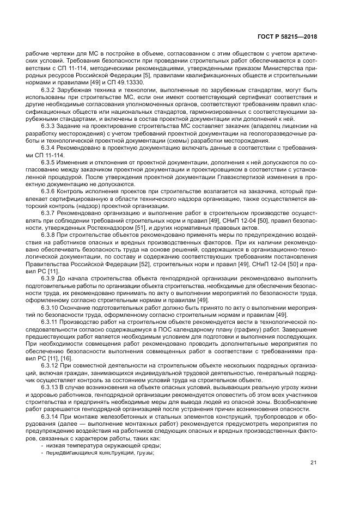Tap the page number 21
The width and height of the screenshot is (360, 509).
pyautogui.click(x=313, y=463)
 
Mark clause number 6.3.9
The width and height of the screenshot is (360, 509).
pyautogui.click(x=50, y=278)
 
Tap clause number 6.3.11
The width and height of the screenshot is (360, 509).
pyautogui.click(x=51, y=322)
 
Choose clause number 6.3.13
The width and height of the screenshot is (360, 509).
pyautogui.click(x=51, y=385)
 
